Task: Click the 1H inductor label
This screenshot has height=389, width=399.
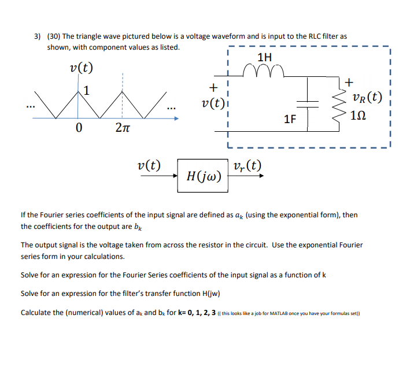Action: pyautogui.click(x=264, y=57)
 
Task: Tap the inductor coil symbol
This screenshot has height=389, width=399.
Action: pyautogui.click(x=264, y=72)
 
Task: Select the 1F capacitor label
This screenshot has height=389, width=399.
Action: pyautogui.click(x=290, y=120)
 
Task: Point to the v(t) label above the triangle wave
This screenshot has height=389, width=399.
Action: pyautogui.click(x=80, y=68)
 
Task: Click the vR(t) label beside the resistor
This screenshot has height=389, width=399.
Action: pyautogui.click(x=367, y=97)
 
